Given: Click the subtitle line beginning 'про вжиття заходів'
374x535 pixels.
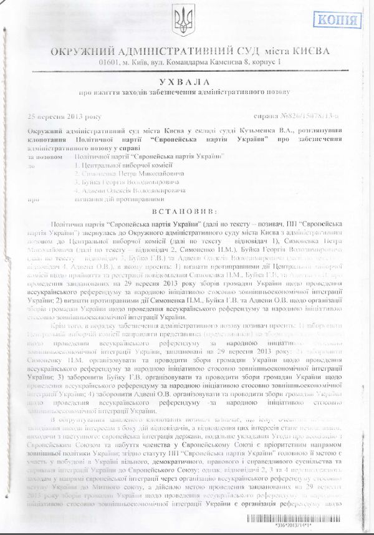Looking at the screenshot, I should [185, 94].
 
